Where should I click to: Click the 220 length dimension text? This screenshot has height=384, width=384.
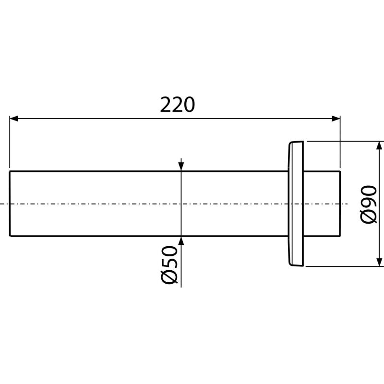point(178,105)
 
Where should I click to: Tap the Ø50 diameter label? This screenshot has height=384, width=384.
point(169,265)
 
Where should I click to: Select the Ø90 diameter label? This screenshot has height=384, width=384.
point(369,205)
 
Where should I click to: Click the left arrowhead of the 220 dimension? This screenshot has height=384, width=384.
point(14,119)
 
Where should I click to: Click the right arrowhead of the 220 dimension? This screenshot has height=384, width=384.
point(336,119)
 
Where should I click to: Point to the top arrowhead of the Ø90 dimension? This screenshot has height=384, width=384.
point(379,146)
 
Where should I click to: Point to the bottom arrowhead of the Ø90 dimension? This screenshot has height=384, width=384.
point(379,262)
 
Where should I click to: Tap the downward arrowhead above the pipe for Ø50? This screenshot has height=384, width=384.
point(181,167)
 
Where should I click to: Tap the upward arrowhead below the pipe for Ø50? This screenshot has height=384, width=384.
point(181,241)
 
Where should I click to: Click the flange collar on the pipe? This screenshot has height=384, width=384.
point(296,204)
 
